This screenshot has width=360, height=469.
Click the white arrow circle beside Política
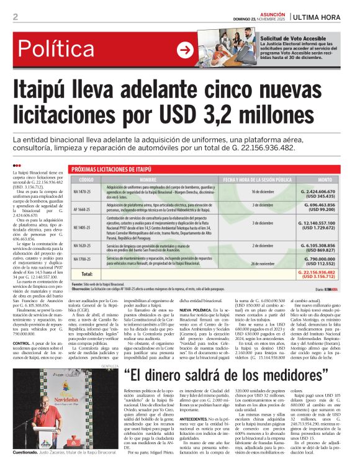(184, 50)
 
